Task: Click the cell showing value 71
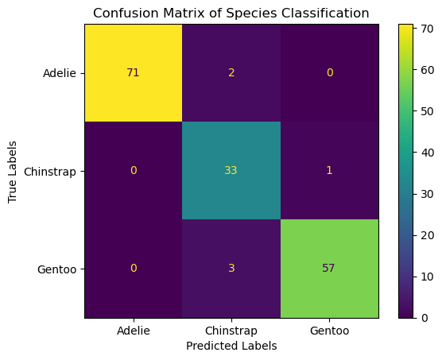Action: (x=133, y=72)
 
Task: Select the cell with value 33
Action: (x=231, y=170)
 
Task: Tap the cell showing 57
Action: (x=328, y=268)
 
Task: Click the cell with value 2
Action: (x=231, y=72)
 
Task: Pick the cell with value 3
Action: (x=231, y=268)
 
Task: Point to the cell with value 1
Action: (x=328, y=170)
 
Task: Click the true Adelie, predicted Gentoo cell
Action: (x=328, y=72)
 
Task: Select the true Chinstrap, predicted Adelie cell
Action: (x=133, y=170)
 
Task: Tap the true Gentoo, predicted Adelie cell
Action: (x=133, y=268)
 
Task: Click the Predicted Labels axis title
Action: (x=231, y=346)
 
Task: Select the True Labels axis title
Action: (x=12, y=170)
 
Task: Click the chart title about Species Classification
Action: (x=231, y=13)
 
